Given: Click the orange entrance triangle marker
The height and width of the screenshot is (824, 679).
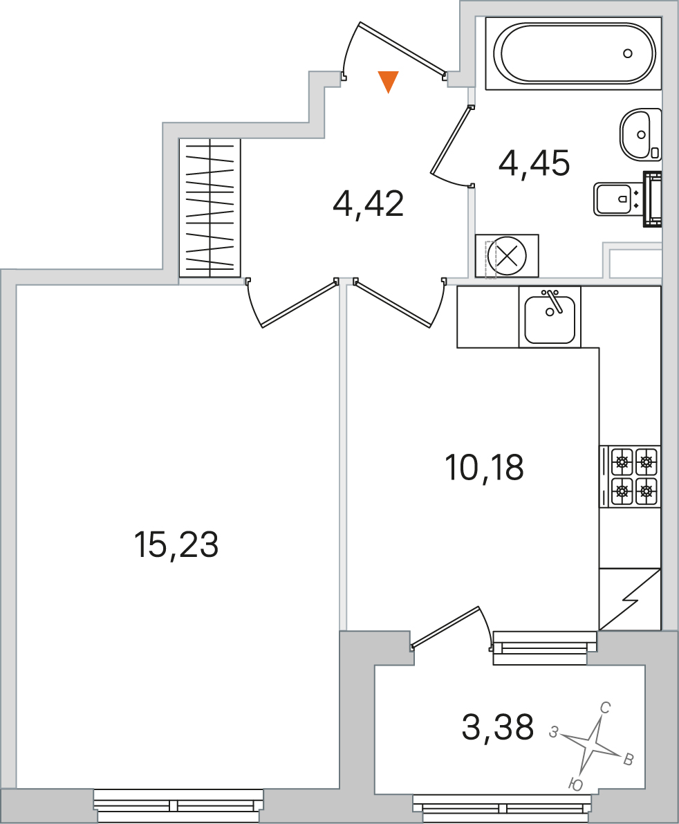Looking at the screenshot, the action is click(x=388, y=82).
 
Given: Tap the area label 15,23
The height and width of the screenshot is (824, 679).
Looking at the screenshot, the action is click(x=176, y=544).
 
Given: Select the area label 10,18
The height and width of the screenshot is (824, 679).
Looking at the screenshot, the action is click(x=484, y=467).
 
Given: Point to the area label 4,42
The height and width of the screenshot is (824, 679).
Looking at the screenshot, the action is click(x=368, y=204).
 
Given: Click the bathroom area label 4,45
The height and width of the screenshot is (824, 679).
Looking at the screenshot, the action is click(x=534, y=163).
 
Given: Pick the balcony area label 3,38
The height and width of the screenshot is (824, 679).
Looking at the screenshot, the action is click(x=498, y=726).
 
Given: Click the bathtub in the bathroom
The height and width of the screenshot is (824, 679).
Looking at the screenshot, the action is click(x=573, y=53).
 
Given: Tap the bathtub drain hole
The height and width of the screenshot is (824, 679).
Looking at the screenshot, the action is click(x=628, y=53).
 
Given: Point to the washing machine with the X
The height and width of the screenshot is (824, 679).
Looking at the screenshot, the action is click(x=507, y=256).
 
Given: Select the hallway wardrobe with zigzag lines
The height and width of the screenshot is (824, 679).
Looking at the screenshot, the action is click(x=210, y=208).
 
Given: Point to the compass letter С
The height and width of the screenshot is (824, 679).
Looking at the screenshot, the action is click(x=604, y=708).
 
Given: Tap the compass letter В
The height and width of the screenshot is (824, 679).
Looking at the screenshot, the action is click(x=628, y=760).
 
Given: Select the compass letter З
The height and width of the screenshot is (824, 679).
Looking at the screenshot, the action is click(x=553, y=731).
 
